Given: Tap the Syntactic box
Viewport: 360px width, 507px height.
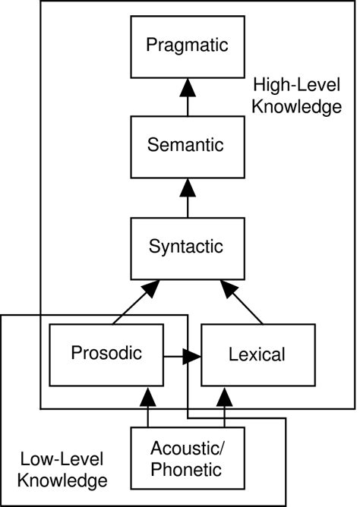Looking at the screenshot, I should tap(187, 247).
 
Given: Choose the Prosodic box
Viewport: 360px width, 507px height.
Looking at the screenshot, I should tap(106, 353).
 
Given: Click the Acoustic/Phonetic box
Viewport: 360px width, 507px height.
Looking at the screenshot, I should tap(186, 458).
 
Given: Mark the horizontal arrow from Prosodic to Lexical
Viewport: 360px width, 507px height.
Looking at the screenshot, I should tap(182, 354).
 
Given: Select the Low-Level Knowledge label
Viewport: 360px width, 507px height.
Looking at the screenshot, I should tap(62, 469).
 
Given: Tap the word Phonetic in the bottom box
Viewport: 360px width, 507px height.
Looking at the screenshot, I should tap(186, 470).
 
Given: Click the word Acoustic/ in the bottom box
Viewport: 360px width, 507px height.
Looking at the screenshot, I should tap(186, 447).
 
